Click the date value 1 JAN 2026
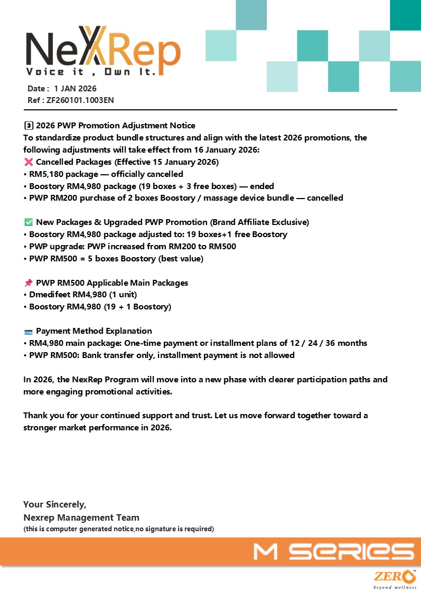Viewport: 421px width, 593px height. click(x=75, y=89)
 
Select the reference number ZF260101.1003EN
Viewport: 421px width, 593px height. click(x=80, y=100)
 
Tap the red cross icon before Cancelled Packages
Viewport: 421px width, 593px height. click(x=29, y=162)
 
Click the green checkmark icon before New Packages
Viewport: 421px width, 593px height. click(x=29, y=222)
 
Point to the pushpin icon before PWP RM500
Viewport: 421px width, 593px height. click(x=29, y=283)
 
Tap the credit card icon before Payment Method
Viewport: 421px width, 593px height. click(x=29, y=332)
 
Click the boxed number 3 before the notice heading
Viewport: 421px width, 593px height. click(x=29, y=126)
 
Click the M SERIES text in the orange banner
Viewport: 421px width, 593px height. click(x=333, y=552)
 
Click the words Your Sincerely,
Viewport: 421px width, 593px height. click(x=55, y=505)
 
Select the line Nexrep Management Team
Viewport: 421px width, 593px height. click(x=81, y=517)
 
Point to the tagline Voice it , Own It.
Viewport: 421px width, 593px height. click(x=91, y=72)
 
